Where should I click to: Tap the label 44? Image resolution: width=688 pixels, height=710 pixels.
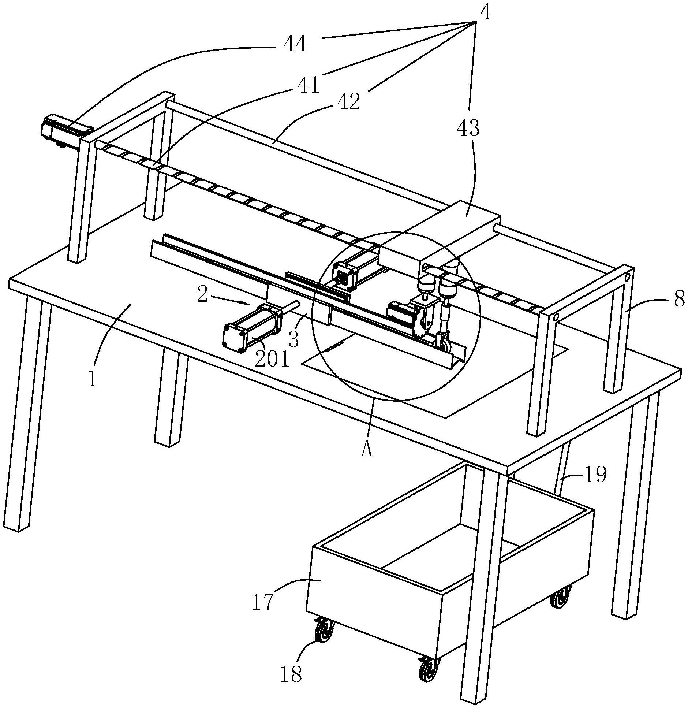coord(295,45)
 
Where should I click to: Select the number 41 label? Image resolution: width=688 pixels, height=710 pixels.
coord(308,85)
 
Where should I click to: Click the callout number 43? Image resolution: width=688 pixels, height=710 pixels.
coord(468,128)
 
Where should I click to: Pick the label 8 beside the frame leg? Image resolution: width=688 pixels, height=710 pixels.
coord(679,299)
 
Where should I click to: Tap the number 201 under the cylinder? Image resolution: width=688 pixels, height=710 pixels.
coord(272,359)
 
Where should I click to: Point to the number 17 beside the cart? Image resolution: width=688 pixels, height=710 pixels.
coord(263,602)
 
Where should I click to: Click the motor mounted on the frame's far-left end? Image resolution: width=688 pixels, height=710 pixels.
coord(67,132)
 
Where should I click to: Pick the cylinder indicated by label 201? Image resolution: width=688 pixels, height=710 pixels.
coord(252,328)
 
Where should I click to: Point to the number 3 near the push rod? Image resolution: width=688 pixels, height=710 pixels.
coord(294,339)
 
